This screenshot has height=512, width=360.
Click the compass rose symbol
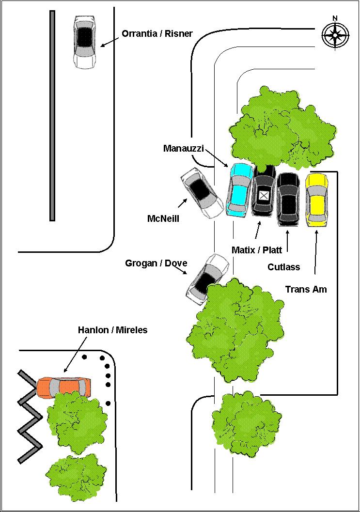point(335,34)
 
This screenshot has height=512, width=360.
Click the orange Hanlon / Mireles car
point(64,387)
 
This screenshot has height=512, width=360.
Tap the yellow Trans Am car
point(317,200)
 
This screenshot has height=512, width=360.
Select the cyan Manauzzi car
point(239,189)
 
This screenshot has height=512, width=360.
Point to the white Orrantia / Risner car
point(85,42)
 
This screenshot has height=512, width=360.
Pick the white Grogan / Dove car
point(207,279)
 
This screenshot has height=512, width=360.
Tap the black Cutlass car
point(288,199)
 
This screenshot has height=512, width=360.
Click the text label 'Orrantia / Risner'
point(157,34)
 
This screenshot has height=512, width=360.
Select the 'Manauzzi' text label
point(183,148)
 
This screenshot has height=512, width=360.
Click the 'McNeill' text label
point(163,219)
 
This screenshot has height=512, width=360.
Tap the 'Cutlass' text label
point(284,267)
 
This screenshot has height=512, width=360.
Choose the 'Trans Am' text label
point(306,289)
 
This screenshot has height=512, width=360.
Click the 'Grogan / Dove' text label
point(156,264)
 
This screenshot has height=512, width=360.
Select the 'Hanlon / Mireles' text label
point(112,330)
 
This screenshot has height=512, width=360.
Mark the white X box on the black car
point(264,195)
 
